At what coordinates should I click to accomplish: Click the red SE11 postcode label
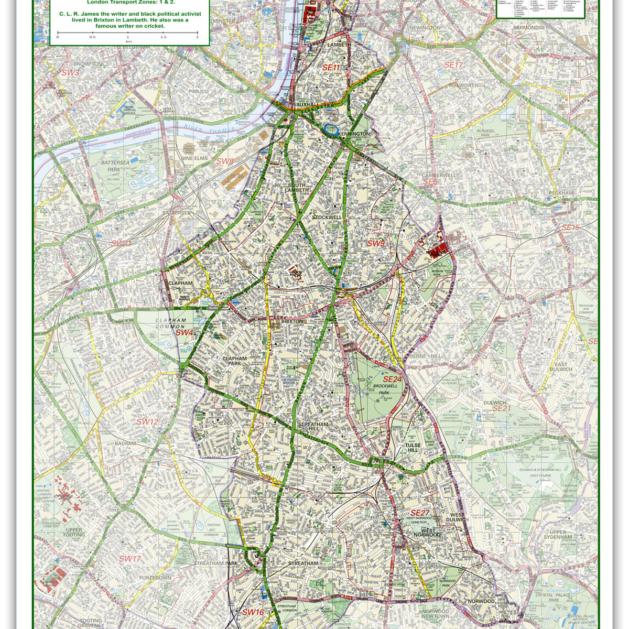click(x=331, y=68)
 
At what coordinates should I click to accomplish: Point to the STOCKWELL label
click(x=327, y=217)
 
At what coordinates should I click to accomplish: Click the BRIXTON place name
click(x=292, y=321)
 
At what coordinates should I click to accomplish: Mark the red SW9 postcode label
click(x=375, y=243)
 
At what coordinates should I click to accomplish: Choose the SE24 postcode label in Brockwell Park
click(x=392, y=379)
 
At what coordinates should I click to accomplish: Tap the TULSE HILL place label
click(x=413, y=448)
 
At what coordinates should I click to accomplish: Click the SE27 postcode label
click(x=420, y=513)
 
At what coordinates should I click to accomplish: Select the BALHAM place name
click(x=125, y=443)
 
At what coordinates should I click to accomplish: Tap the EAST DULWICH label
click(x=561, y=367)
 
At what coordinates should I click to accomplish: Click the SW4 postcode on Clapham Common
click(x=185, y=332)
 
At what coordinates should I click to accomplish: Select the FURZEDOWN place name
click(x=155, y=578)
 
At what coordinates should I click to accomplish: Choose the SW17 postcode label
click(x=129, y=559)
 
